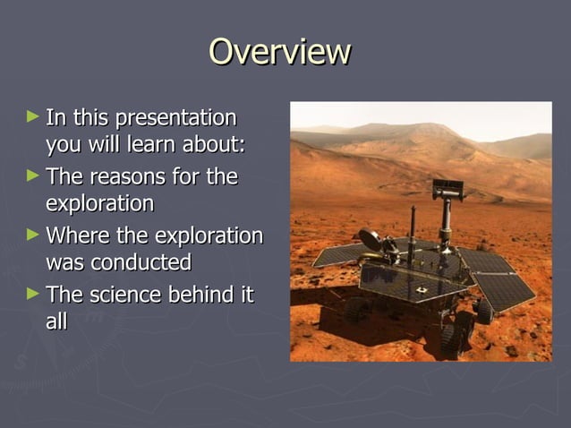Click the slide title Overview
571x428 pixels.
click(x=278, y=51)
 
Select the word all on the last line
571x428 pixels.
click(x=56, y=321)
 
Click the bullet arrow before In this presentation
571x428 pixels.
click(x=33, y=116)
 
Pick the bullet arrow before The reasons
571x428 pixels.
click(x=33, y=175)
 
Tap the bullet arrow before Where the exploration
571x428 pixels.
click(x=33, y=235)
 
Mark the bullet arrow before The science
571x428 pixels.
click(x=33, y=294)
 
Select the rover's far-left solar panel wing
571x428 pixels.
click(x=341, y=255)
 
